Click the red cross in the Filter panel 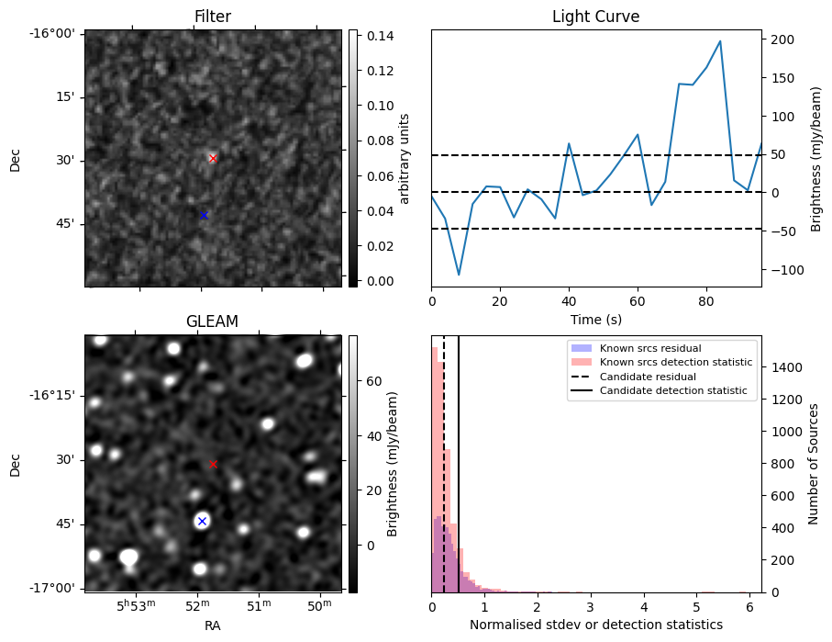[213, 158]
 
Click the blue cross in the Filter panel [204, 215]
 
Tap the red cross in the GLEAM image [213, 464]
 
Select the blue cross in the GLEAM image [202, 521]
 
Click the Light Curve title [595, 17]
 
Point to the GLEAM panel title [212, 321]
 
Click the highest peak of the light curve [720, 41]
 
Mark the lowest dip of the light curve [459, 275]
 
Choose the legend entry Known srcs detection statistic [675, 362]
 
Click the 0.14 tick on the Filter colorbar [371, 36]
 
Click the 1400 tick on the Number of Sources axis [785, 367]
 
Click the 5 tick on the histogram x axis [696, 606]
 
